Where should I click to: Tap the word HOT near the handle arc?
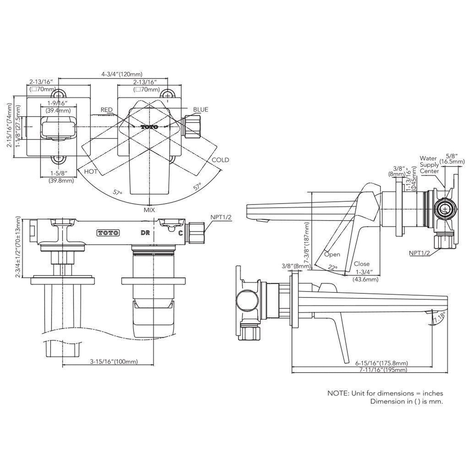91,171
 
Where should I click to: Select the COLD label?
220,160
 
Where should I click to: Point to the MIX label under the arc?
149,210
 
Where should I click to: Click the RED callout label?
106,110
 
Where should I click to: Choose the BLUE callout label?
201,110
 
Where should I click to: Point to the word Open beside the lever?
332,254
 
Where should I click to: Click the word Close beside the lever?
362,264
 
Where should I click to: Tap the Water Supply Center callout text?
429,165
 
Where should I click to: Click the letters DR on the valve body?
145,233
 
